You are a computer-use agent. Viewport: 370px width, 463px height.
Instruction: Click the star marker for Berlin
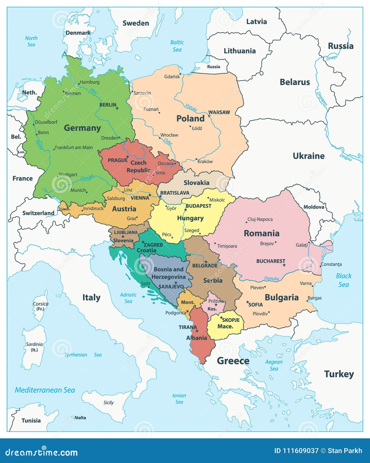117,108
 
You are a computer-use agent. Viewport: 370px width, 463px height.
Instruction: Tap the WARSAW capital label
219,112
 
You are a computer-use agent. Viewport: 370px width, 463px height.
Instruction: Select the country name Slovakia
196,183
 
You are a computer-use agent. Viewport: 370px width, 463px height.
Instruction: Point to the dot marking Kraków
196,159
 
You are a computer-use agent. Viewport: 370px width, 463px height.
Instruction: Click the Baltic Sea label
177,46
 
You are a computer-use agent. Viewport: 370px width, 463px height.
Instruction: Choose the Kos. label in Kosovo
212,309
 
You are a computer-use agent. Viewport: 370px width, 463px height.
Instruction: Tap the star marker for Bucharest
284,265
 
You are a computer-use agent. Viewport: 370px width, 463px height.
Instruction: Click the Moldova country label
314,207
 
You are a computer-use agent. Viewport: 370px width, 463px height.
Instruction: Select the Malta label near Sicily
80,418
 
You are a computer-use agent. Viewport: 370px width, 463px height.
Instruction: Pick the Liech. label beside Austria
65,209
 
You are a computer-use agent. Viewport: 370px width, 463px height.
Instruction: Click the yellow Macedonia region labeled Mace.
225,326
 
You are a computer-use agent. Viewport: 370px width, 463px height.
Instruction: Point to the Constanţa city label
331,264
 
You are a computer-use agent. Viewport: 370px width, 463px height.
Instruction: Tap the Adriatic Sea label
128,298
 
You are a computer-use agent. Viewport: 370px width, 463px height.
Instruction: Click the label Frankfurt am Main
74,147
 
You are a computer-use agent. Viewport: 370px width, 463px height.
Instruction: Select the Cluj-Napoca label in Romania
260,219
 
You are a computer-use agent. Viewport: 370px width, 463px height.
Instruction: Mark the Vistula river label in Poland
191,107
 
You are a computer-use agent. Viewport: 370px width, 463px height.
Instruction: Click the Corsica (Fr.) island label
40,306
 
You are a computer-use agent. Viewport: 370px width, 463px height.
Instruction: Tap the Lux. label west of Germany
21,152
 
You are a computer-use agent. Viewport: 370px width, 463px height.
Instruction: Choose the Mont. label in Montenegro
188,302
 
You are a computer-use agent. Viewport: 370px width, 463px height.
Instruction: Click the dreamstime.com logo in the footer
42,452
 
